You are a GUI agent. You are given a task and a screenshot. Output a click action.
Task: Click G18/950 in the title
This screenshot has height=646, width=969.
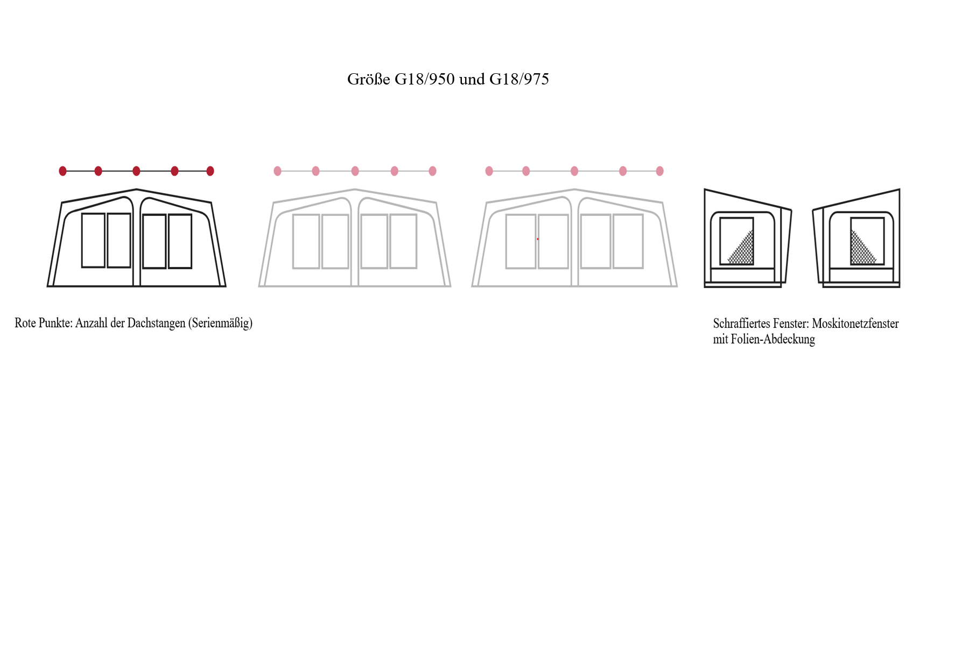pos(425,79)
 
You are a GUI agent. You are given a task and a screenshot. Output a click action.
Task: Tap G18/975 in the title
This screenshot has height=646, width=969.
pos(519,79)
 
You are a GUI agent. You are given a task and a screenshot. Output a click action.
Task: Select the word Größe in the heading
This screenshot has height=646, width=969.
pos(368,79)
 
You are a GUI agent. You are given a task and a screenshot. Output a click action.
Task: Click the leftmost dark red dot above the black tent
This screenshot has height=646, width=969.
pos(63,171)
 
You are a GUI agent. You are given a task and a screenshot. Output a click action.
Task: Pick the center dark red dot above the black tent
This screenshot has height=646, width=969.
pos(136,171)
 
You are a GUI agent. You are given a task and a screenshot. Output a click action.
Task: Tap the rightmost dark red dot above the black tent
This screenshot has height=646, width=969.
pos(210,171)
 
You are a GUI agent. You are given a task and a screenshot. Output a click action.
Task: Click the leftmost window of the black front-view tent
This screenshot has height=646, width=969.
pos(93,240)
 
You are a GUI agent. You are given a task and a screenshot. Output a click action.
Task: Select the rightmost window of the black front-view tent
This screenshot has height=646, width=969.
pos(180,241)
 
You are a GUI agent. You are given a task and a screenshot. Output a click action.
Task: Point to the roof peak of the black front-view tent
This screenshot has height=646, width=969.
pos(137,189)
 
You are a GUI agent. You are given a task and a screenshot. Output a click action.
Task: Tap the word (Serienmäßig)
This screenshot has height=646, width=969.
pos(221,323)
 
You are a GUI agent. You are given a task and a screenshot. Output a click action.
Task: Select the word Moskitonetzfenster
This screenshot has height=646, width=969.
pos(855,324)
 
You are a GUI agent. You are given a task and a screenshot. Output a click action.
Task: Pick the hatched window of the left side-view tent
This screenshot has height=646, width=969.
pos(737,241)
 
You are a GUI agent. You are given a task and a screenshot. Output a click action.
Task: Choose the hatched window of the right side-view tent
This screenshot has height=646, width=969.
pos(867,241)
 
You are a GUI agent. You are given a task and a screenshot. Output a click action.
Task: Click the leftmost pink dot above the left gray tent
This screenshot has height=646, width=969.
pos(278,171)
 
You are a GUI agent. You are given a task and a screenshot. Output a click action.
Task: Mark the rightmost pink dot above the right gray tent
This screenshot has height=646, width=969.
pos(660,171)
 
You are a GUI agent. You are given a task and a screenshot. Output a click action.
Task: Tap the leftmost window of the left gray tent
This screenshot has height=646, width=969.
pos(306,241)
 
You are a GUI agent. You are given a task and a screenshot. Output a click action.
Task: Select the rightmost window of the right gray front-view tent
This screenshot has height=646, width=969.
pos(628,241)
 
